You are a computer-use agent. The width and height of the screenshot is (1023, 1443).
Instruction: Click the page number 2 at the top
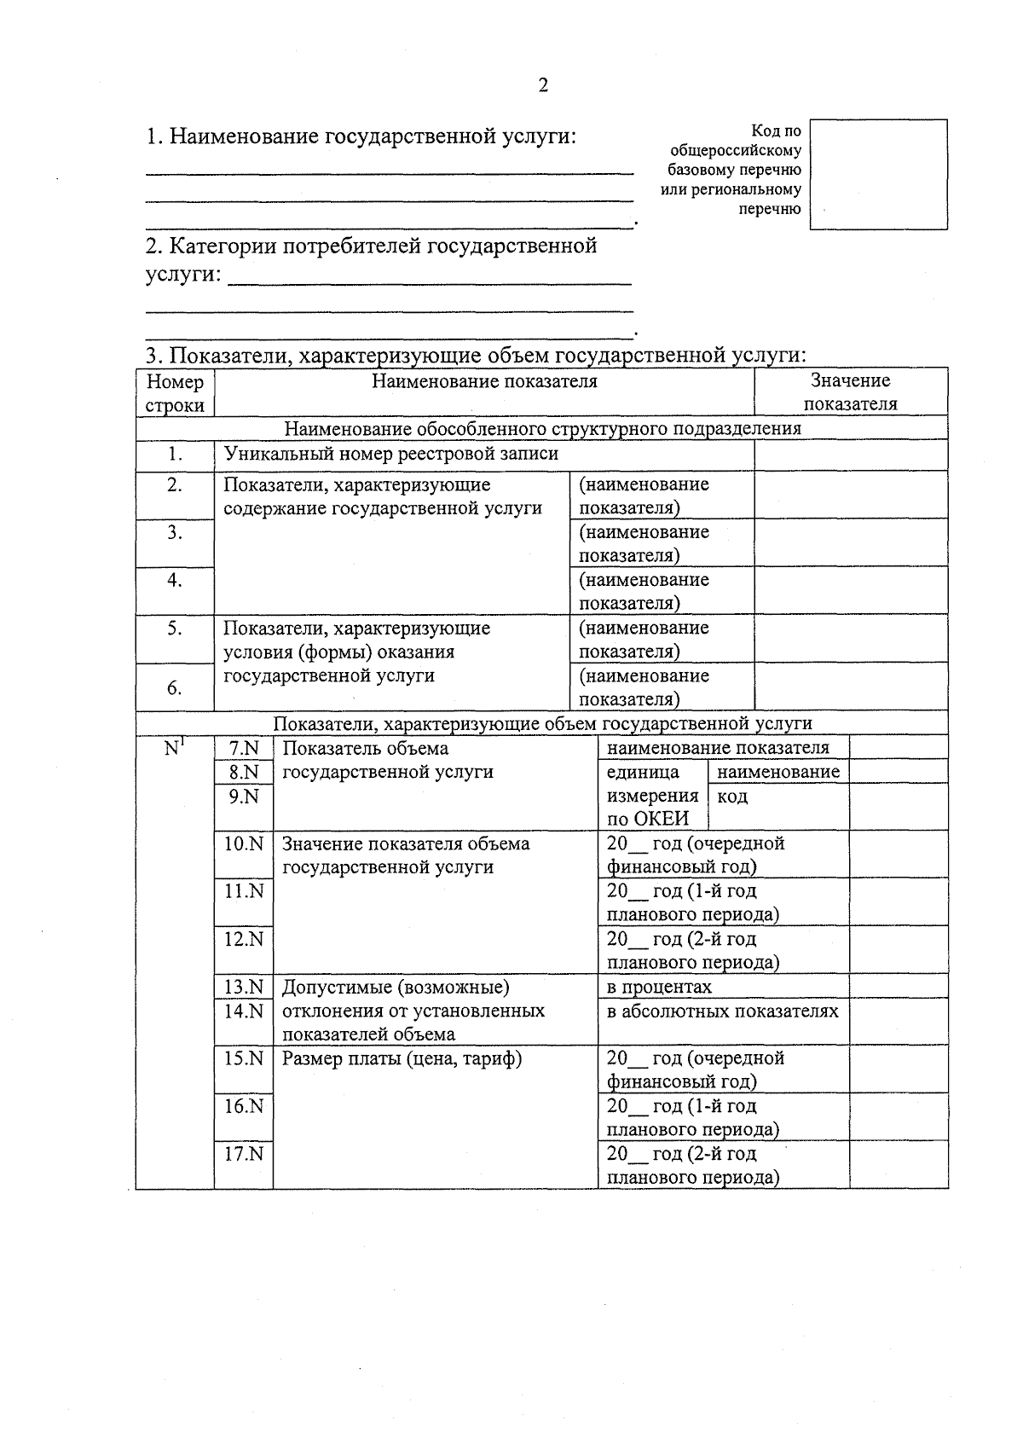[542, 85]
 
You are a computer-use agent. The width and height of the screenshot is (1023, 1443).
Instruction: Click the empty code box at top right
[878, 174]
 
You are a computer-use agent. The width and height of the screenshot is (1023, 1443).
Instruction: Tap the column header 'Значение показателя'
[850, 392]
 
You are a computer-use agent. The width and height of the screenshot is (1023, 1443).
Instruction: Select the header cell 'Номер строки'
[175, 393]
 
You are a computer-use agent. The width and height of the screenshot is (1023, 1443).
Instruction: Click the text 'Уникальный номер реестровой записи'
[391, 454]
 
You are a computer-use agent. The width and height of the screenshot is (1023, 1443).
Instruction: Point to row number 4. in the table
[175, 581]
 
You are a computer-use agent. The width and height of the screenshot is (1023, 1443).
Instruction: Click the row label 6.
[175, 687]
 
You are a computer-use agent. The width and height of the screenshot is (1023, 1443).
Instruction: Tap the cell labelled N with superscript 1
[175, 749]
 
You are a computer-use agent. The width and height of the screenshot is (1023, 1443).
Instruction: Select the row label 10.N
[244, 843]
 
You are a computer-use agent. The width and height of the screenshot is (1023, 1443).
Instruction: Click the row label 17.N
[244, 1154]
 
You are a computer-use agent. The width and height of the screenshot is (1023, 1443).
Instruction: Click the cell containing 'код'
[733, 797]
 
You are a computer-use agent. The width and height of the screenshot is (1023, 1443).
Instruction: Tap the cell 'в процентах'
[659, 987]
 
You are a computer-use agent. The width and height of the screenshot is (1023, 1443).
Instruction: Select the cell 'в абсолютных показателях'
[722, 1011]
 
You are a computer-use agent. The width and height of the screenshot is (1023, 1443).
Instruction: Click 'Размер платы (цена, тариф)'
[402, 1058]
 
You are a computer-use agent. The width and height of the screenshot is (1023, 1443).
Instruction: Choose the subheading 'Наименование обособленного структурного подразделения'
[542, 428]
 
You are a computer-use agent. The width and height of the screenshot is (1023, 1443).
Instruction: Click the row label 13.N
[244, 987]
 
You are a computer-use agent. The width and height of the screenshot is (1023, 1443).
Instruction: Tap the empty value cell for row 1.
[850, 455]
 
